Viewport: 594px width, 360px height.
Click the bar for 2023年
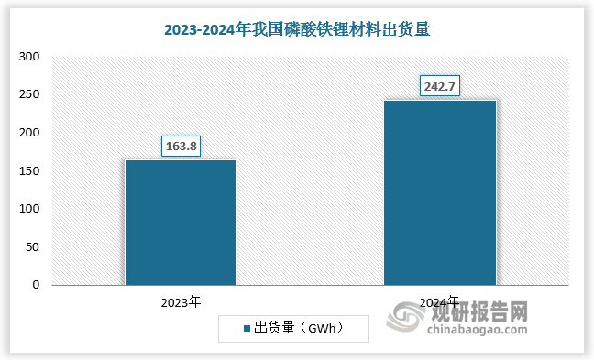coord(181,222)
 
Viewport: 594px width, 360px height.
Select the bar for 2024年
coord(439,191)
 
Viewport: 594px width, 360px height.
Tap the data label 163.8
coord(181,145)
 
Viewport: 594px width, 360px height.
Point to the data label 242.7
coord(439,86)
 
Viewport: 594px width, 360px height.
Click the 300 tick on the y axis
coord(29,57)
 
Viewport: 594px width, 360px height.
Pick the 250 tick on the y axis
coord(29,94)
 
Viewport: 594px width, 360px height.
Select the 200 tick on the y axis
coord(29,133)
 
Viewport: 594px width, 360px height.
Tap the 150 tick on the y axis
coord(29,170)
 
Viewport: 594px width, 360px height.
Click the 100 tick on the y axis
coord(29,209)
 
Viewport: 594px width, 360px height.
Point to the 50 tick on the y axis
coord(32,246)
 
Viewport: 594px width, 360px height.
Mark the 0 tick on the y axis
coord(36,285)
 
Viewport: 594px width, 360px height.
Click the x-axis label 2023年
coord(181,301)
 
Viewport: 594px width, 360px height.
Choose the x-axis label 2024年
coord(439,301)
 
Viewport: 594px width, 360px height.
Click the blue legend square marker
coord(247,328)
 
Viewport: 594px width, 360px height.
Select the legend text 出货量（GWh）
coord(298,328)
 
